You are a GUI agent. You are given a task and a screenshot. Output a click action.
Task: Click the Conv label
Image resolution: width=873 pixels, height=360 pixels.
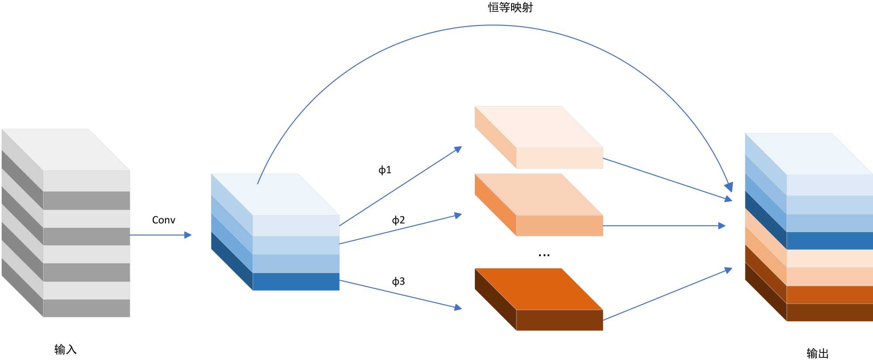(164, 220)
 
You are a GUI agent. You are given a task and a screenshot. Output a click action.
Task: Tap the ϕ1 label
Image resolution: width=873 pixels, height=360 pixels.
(385, 170)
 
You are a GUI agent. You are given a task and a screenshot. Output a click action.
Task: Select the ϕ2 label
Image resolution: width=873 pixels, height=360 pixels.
(398, 220)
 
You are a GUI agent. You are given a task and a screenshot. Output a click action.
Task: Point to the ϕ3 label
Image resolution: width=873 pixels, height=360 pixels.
(398, 281)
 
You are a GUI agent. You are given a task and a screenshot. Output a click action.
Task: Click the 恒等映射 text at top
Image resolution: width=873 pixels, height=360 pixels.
(510, 7)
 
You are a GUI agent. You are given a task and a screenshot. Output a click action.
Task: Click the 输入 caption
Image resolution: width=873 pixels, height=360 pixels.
(65, 349)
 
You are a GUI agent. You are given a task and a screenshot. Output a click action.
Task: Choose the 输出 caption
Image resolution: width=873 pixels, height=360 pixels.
(817, 353)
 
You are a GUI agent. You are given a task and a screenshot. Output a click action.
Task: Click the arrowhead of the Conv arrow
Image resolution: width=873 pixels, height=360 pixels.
(188, 235)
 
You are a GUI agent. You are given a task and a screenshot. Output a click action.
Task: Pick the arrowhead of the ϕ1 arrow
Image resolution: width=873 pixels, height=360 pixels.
(458, 149)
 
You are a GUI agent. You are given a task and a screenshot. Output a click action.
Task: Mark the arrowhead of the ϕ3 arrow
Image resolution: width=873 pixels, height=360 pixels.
(458, 308)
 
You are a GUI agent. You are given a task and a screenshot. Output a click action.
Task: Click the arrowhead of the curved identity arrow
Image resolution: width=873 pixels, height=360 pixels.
(729, 188)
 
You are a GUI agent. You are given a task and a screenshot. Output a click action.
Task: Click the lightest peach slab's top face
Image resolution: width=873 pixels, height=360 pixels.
(539, 127)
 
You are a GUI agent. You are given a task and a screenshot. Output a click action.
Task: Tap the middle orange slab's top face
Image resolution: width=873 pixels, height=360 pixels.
(539, 194)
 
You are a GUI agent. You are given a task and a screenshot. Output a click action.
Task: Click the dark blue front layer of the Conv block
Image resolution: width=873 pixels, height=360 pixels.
(296, 281)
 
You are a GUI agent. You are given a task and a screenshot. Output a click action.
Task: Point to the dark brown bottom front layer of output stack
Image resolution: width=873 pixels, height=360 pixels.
(829, 312)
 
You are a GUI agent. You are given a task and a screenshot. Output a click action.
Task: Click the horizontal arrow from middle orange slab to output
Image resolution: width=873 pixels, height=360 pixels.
(663, 226)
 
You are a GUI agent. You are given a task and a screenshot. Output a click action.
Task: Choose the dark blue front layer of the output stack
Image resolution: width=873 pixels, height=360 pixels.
(829, 240)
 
